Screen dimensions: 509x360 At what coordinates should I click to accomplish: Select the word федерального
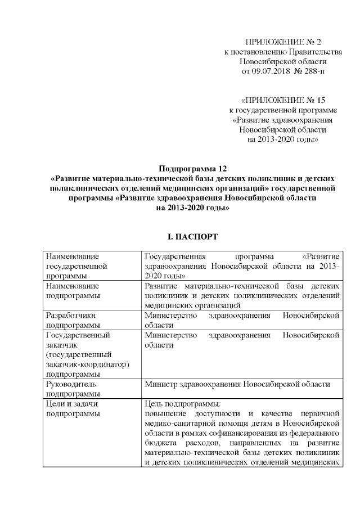pyautogui.click(x=313, y=433)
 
